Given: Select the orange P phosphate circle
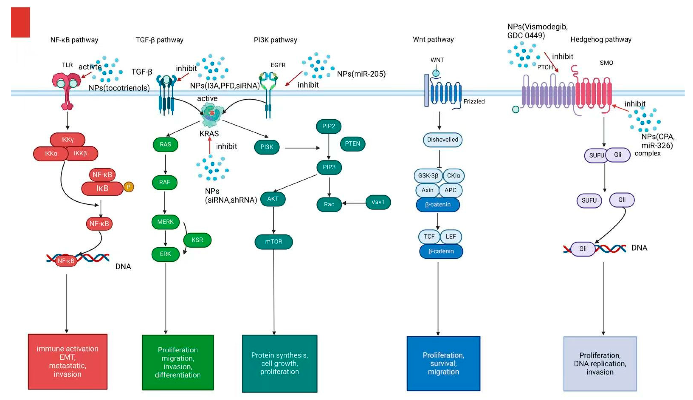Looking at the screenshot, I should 129,187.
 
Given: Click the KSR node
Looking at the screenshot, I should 197,240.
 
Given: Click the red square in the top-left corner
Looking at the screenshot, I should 20,22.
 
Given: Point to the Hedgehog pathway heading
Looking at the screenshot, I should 601,40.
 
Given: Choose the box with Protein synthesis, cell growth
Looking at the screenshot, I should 280,363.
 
